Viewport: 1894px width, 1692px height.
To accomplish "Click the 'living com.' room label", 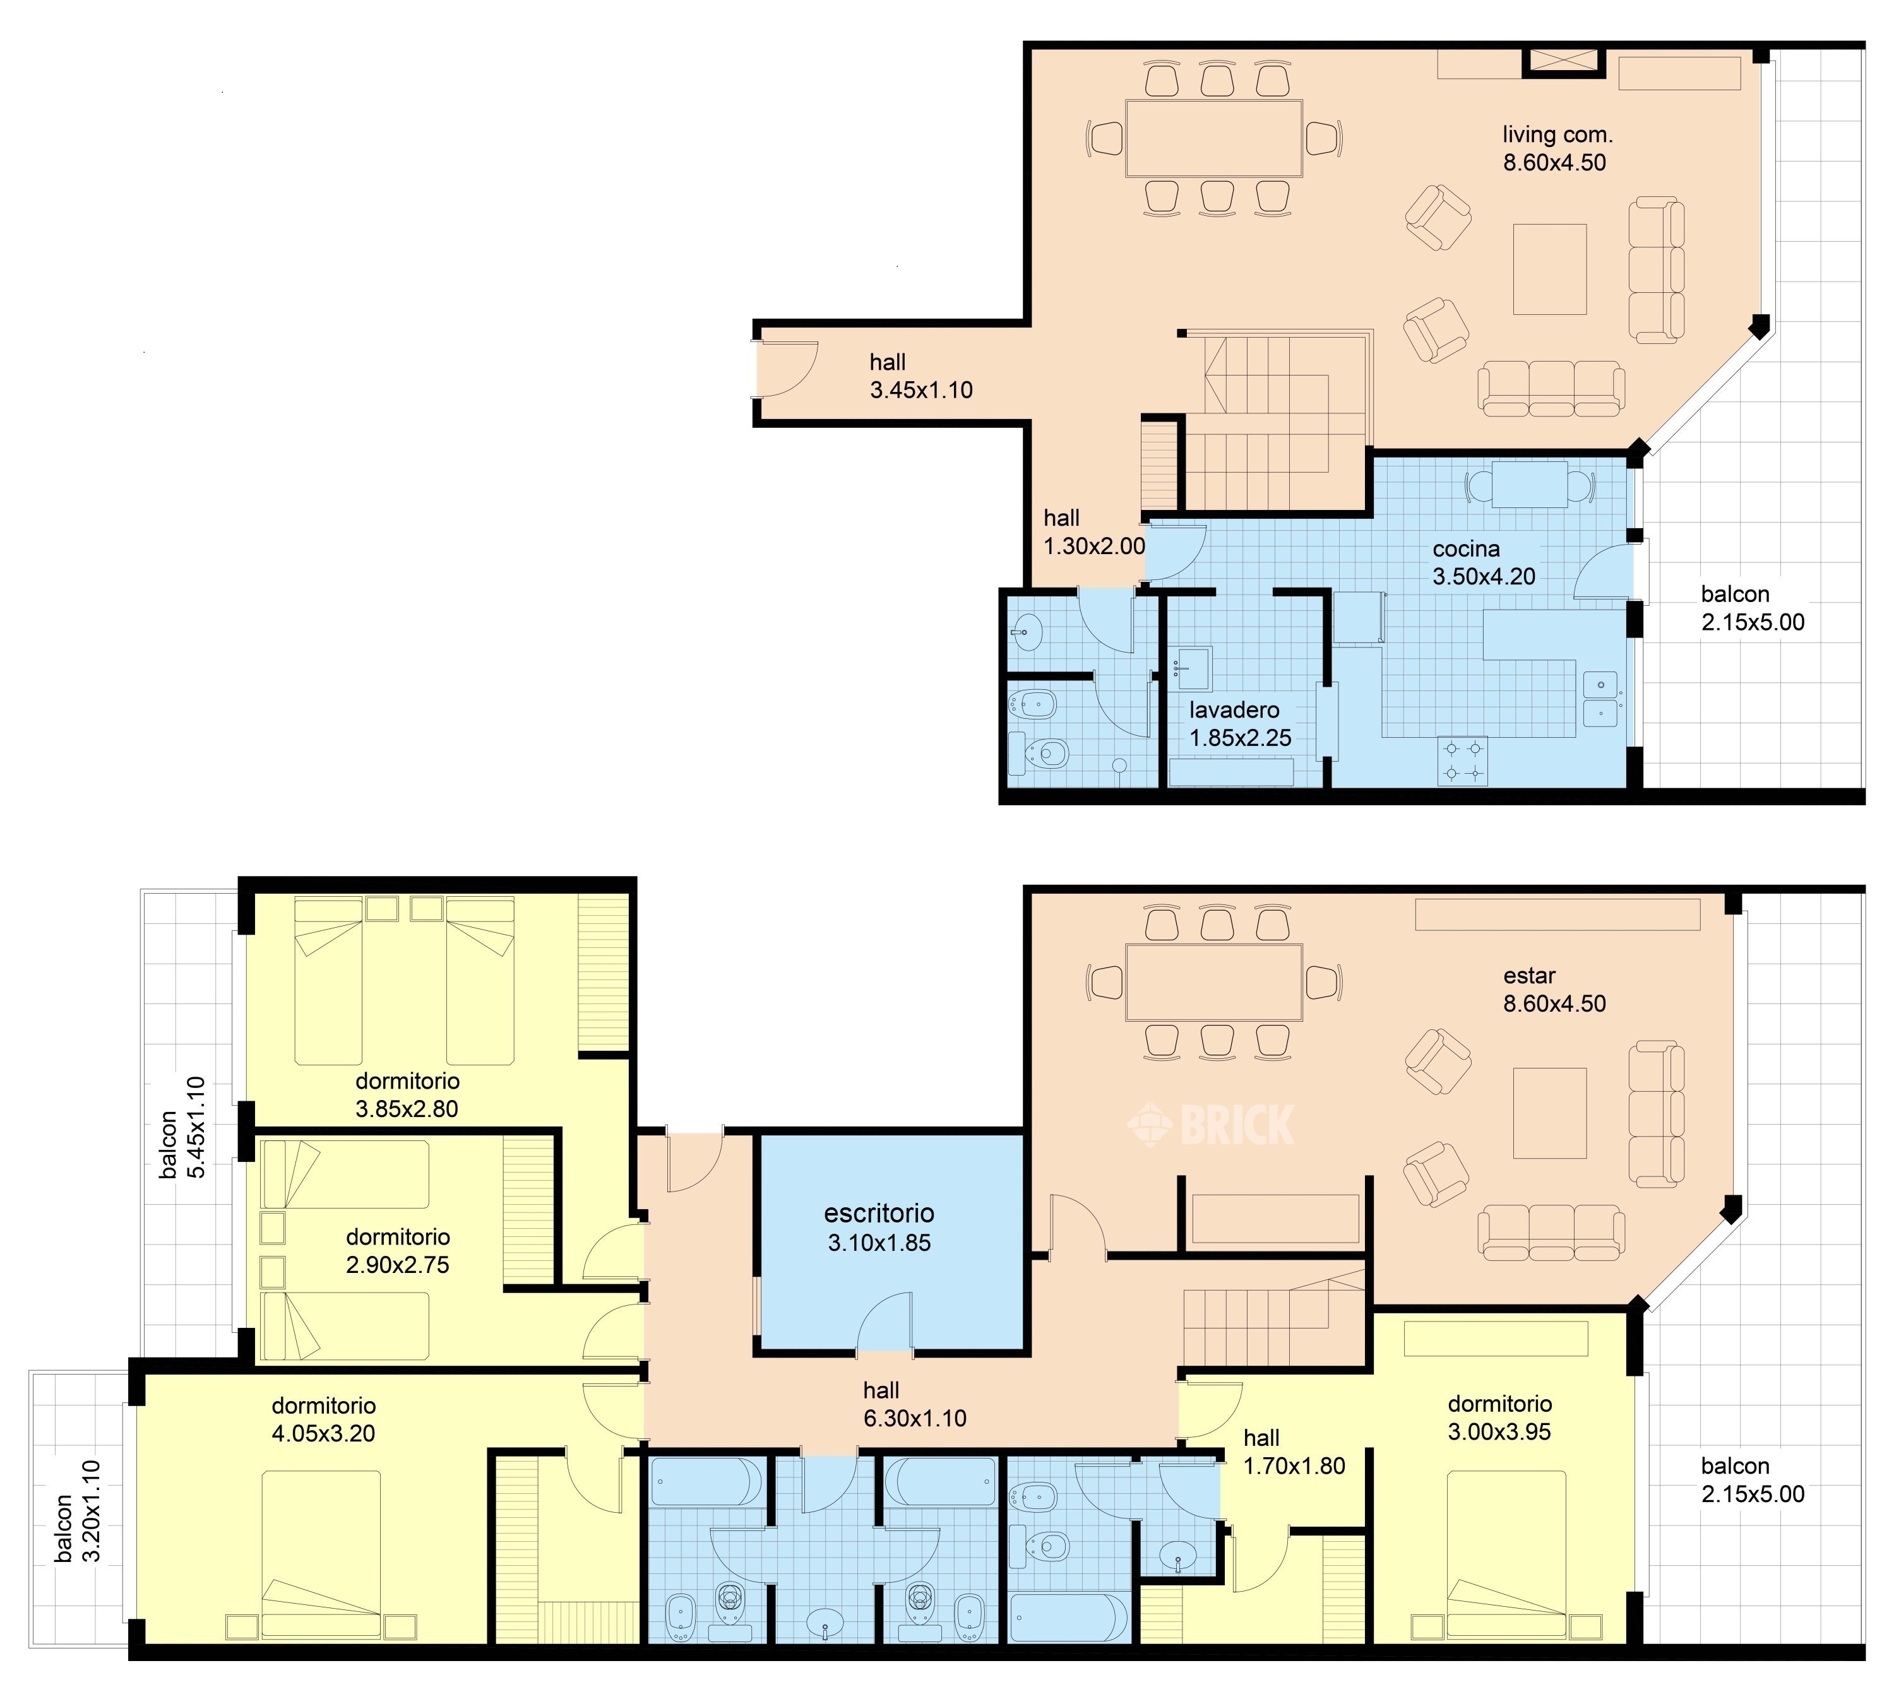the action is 1557,135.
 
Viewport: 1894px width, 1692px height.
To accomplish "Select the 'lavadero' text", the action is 1234,710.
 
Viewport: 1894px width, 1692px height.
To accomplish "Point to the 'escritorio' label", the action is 879,1213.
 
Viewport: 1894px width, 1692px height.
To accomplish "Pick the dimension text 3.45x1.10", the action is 921,391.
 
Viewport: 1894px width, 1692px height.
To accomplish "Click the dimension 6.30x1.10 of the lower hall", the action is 915,1419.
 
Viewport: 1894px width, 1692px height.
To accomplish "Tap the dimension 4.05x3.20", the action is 324,1433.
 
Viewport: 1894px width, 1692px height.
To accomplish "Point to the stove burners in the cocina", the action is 1463,760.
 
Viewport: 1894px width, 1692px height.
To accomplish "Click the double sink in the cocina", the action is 1601,699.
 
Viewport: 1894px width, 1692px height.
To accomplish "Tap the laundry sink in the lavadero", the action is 1191,670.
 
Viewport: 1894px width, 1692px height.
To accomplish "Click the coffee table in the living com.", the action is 1549,269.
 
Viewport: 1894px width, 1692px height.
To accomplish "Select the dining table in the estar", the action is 1213,982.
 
